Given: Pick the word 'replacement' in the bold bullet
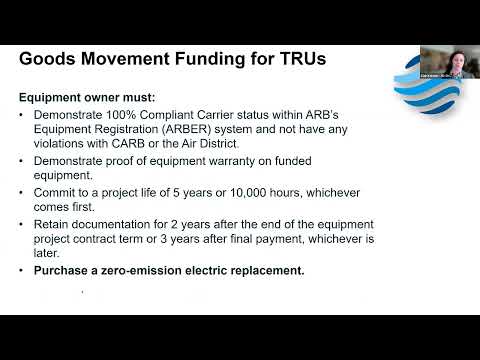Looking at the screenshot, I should pos(263,271).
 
